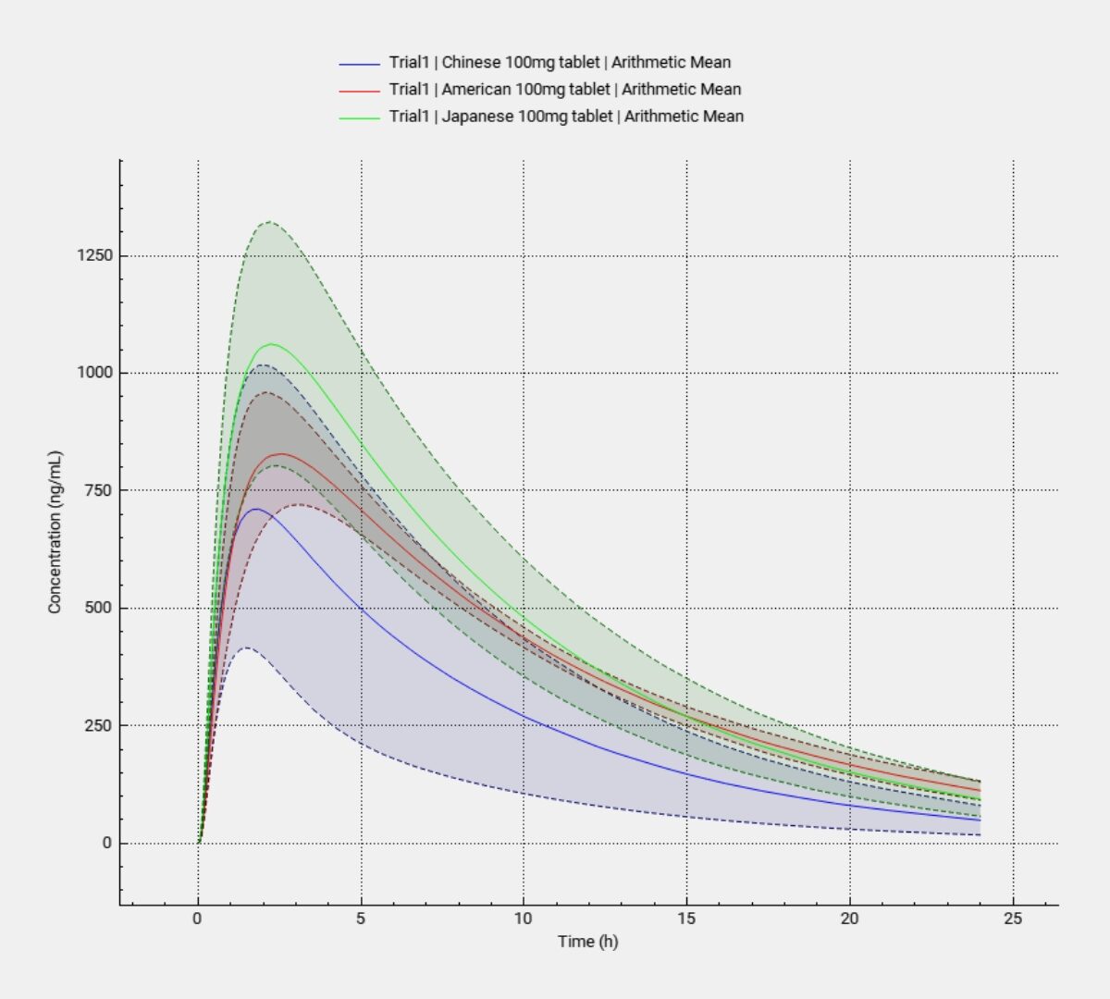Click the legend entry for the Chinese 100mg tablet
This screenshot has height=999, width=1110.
point(560,63)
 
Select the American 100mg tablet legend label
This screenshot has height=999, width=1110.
point(565,90)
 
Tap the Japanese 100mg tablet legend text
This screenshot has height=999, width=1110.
point(566,117)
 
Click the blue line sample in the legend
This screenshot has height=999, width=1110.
point(360,64)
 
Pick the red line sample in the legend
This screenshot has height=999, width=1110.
point(360,91)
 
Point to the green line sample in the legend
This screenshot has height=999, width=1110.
point(360,117)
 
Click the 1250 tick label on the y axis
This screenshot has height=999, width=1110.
point(94,255)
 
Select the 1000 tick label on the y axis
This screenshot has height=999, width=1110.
point(94,373)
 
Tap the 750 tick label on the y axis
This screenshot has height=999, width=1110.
point(98,490)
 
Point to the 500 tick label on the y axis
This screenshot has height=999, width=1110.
point(98,608)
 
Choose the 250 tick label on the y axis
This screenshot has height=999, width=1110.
point(98,725)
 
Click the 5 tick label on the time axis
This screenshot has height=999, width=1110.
point(361,919)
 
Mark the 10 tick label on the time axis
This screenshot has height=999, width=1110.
point(523,919)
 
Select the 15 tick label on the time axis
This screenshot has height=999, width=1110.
point(686,919)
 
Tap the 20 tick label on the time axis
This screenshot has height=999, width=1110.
point(849,919)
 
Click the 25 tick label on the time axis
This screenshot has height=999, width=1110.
point(1013,919)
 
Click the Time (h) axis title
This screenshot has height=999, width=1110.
point(587,942)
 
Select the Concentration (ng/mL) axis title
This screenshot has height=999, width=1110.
point(55,532)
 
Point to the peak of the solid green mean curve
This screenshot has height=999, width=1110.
point(271,344)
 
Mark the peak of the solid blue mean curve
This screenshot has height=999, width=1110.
point(255,509)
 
